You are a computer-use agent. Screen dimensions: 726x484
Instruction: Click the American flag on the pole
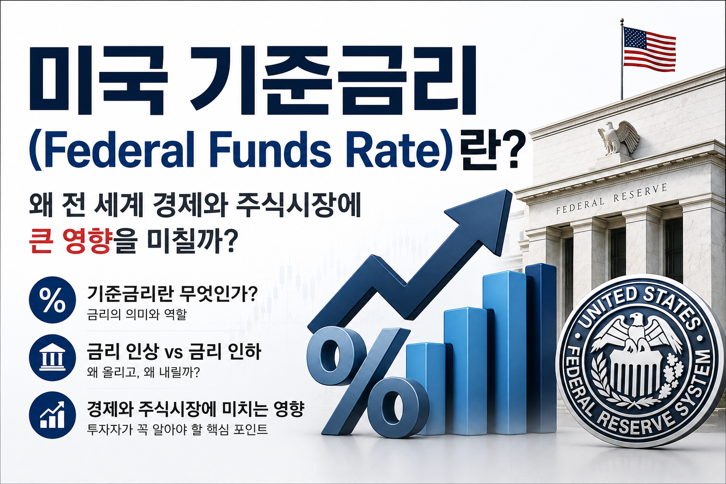pyautogui.click(x=649, y=49)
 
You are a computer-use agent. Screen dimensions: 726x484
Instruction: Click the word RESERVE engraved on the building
pyautogui.click(x=640, y=193)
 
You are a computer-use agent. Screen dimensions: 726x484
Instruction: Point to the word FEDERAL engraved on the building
pyautogui.click(x=580, y=206)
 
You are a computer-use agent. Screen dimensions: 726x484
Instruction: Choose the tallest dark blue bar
pyautogui.click(x=541, y=348)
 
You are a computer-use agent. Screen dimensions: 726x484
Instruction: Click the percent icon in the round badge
pyautogui.click(x=52, y=300)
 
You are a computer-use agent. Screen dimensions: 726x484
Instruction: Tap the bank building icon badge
pyautogui.click(x=52, y=358)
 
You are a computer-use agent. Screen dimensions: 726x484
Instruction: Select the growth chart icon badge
pyautogui.click(x=52, y=415)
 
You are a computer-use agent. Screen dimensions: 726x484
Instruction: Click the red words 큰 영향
pyautogui.click(x=70, y=242)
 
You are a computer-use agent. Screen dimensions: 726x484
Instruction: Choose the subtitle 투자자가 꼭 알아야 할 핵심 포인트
pyautogui.click(x=177, y=429)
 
